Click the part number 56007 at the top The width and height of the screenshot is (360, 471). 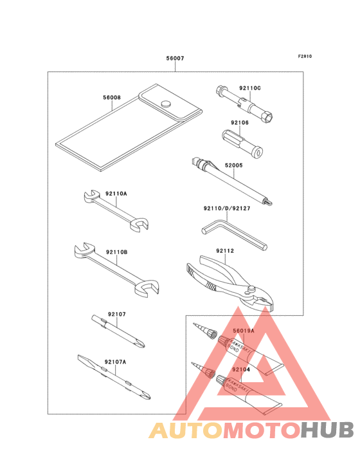[175, 59]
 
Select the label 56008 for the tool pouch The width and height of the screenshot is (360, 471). [112, 97]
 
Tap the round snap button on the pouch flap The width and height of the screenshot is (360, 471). [166, 104]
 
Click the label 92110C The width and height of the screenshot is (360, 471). [250, 88]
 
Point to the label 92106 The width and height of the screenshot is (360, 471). [240, 122]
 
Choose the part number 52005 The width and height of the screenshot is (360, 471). [234, 165]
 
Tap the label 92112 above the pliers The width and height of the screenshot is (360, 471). [225, 251]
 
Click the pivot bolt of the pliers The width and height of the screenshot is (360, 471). [251, 289]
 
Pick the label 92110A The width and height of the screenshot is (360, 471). [116, 194]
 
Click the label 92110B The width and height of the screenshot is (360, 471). [117, 252]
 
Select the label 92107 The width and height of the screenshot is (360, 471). [117, 314]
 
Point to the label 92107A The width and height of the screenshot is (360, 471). [116, 362]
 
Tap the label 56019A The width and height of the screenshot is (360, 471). [244, 331]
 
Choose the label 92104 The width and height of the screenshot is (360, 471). [241, 369]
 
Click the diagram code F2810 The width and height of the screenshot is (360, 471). [305, 56]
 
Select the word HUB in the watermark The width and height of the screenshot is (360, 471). [328, 430]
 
